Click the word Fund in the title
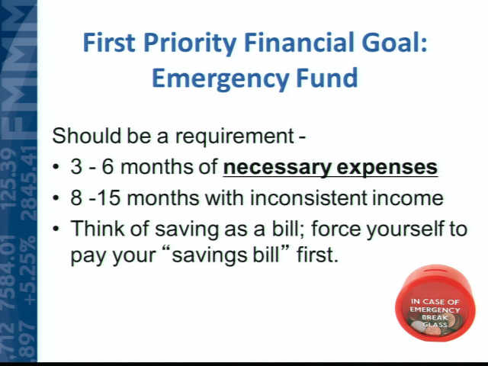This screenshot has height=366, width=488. pos(327,78)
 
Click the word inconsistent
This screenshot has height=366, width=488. pos(309,197)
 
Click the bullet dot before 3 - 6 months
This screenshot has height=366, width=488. pos(56,168)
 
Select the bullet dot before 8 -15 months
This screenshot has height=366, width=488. pos(56,198)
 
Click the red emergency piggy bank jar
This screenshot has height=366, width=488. pos(435,303)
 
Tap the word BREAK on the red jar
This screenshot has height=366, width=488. pos(435,317)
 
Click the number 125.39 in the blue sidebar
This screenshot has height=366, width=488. pos(9,178)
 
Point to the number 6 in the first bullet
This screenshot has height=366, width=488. pos(108,167)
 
